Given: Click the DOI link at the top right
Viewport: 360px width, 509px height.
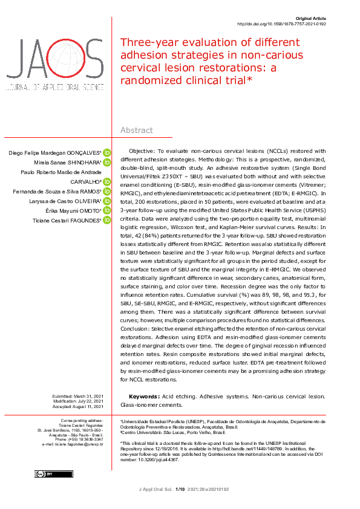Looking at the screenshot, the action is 281,24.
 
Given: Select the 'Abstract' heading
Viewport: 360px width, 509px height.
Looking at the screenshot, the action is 137,130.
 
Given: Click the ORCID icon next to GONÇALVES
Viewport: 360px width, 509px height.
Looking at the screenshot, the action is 107,152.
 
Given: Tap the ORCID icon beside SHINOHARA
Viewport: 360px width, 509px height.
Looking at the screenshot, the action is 107,162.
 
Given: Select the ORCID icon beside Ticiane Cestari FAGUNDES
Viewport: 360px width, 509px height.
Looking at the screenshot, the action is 107,219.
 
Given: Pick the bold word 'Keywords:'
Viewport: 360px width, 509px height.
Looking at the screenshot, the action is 145,397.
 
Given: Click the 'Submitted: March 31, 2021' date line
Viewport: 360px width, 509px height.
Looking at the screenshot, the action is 77,396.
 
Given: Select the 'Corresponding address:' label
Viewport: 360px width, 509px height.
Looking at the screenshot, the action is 82,420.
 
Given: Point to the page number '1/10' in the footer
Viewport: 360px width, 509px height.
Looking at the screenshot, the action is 180,489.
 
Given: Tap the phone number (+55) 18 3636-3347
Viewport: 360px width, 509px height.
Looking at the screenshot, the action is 79,439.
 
